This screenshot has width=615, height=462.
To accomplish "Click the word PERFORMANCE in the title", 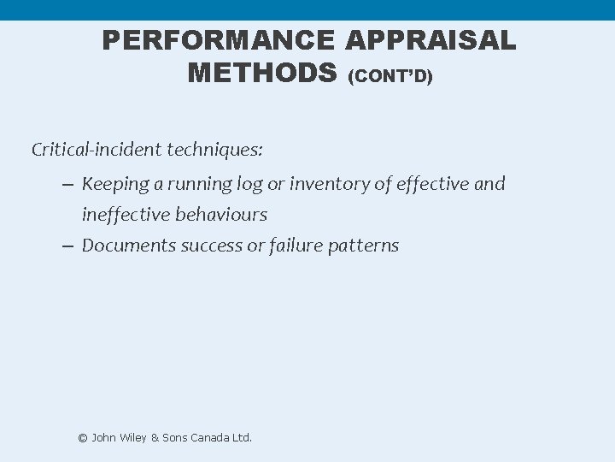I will (x=220, y=41).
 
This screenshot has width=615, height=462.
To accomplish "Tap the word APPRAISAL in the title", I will (x=432, y=41).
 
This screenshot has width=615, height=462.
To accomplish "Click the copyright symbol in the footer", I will (x=83, y=437).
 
